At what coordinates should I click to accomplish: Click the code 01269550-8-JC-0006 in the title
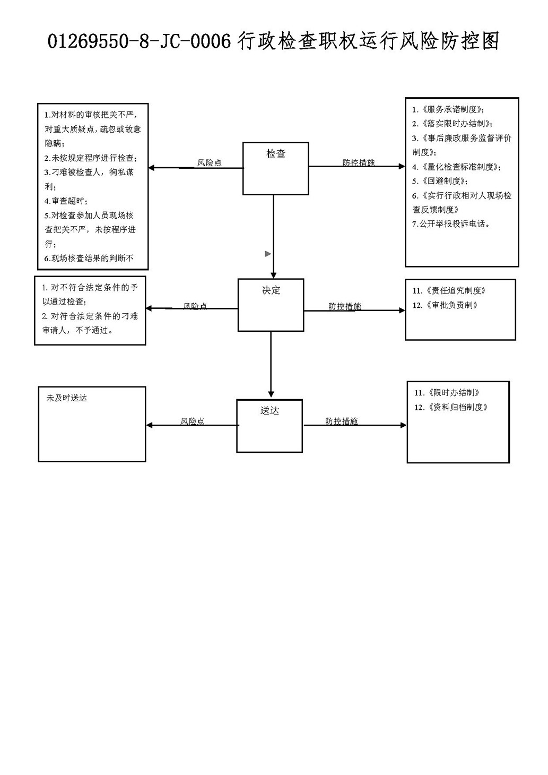[x=139, y=41]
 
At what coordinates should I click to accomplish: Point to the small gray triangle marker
[x=267, y=254]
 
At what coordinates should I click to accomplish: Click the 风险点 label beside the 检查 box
[x=209, y=162]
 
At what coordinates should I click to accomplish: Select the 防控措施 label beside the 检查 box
[x=359, y=162]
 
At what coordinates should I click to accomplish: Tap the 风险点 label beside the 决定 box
[x=195, y=306]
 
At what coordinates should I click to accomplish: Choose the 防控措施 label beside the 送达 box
[x=341, y=421]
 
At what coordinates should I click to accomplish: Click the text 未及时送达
[x=67, y=398]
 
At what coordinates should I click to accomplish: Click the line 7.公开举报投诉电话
[x=451, y=224]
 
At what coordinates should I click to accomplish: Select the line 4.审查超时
[x=66, y=201]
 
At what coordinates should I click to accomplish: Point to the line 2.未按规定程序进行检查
[x=91, y=158]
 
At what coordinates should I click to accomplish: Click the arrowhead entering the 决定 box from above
[x=274, y=275]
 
